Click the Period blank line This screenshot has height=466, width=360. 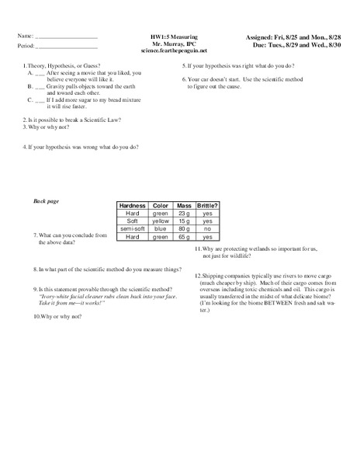click(67, 47)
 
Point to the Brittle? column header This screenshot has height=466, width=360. click(208, 205)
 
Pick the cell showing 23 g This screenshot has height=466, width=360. click(184, 213)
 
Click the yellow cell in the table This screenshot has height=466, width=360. click(160, 221)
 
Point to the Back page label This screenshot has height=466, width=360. click(47, 201)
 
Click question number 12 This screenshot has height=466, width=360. click(199, 275)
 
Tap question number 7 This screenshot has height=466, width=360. click(36, 235)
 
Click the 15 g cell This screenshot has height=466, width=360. click(184, 221)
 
